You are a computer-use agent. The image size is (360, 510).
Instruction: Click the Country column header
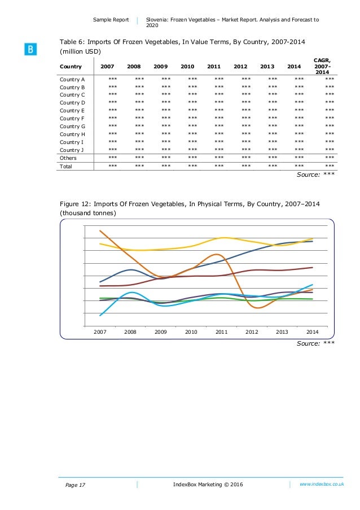click(x=71, y=67)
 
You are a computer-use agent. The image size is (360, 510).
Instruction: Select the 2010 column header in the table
click(x=187, y=67)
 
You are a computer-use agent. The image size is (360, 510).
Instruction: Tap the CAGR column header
click(x=322, y=67)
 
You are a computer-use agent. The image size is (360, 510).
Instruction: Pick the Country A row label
click(x=72, y=80)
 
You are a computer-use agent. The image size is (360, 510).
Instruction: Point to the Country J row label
click(x=72, y=150)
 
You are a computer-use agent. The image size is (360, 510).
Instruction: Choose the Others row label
click(x=68, y=158)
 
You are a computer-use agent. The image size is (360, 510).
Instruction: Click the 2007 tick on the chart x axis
click(x=99, y=332)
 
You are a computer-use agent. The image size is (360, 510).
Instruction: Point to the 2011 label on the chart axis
click(x=221, y=332)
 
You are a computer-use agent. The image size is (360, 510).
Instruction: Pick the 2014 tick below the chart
click(x=313, y=332)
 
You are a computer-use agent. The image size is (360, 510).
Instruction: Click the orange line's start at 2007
click(x=100, y=230)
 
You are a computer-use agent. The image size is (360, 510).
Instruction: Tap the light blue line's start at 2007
click(x=100, y=315)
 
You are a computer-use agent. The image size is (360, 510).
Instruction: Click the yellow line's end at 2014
click(x=313, y=238)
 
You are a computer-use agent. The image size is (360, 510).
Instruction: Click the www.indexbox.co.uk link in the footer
click(x=322, y=484)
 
